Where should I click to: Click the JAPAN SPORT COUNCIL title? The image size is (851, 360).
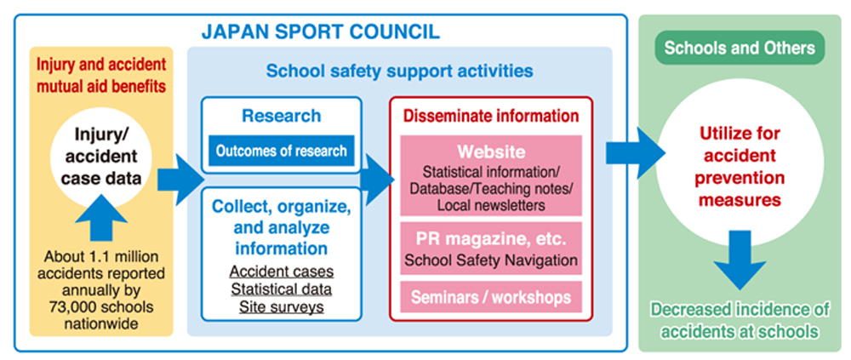[x=320, y=31]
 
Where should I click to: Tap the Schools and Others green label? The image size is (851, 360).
[x=740, y=48]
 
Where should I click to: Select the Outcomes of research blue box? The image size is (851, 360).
[x=281, y=151]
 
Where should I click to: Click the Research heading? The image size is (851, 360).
[x=281, y=116]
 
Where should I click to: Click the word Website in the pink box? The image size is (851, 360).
[x=491, y=151]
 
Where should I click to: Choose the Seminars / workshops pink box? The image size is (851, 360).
[x=491, y=297]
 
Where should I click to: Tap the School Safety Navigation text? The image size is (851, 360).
[x=491, y=260]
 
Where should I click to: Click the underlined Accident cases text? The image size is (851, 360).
[x=281, y=271]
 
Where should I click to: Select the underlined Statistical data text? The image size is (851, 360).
[x=281, y=289]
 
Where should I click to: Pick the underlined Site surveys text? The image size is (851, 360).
[x=281, y=306]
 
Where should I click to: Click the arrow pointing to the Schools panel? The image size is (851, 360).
[x=635, y=154]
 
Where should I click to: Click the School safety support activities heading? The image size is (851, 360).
[x=399, y=71]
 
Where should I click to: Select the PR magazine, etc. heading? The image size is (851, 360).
[x=491, y=239]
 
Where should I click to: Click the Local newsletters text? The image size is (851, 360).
[x=491, y=205]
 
